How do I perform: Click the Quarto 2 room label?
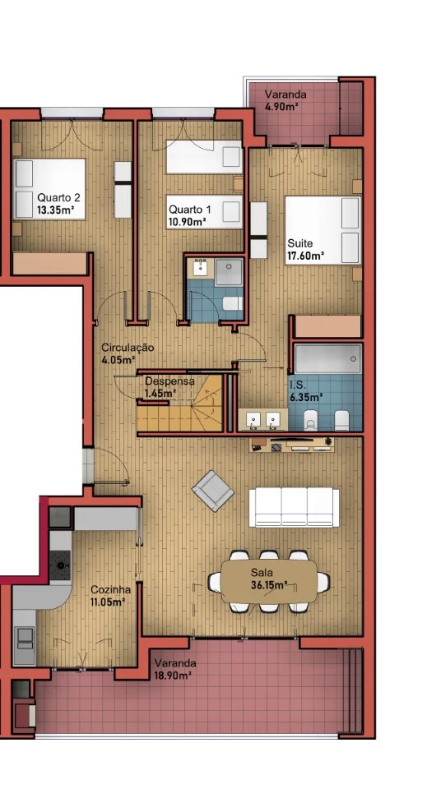coord(58,198)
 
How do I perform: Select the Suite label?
coord(298,243)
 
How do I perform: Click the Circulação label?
coord(128,347)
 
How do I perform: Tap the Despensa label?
coord(169,381)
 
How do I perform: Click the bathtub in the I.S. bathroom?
coord(327,358)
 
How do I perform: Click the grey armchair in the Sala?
coord(213,491)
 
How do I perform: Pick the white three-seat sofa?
coord(294,507)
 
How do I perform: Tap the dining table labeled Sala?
coord(269,582)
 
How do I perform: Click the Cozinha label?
coord(111,590)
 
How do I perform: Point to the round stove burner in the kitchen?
coord(60,565)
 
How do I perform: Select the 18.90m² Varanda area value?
coord(173,676)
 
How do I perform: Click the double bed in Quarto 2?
coord(49,189)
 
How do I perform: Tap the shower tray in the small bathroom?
coord(229,272)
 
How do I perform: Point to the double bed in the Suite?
coord(323,230)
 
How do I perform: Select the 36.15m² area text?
coord(269,585)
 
